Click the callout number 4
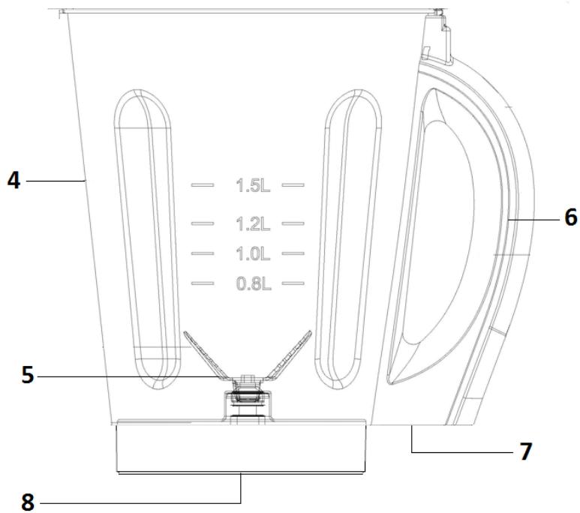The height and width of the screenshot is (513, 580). (x=14, y=181)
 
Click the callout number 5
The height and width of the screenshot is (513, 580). (x=27, y=373)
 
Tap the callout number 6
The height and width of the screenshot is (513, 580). (x=570, y=217)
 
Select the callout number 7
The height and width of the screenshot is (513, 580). (x=525, y=451)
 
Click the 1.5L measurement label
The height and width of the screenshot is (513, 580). (x=253, y=185)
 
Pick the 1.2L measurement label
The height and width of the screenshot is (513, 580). (x=253, y=223)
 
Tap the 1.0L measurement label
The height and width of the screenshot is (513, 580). (x=253, y=254)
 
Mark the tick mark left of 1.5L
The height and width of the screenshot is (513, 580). (x=203, y=184)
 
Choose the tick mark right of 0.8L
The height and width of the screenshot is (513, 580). (x=293, y=283)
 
